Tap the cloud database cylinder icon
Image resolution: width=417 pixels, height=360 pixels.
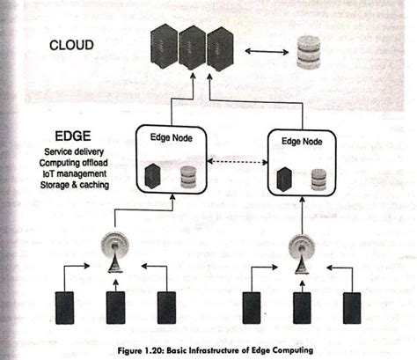(309, 53)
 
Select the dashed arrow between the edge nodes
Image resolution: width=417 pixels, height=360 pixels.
(232, 164)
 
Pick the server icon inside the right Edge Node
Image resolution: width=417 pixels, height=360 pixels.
(283, 178)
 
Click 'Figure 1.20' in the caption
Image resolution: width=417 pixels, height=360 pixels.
(144, 349)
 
